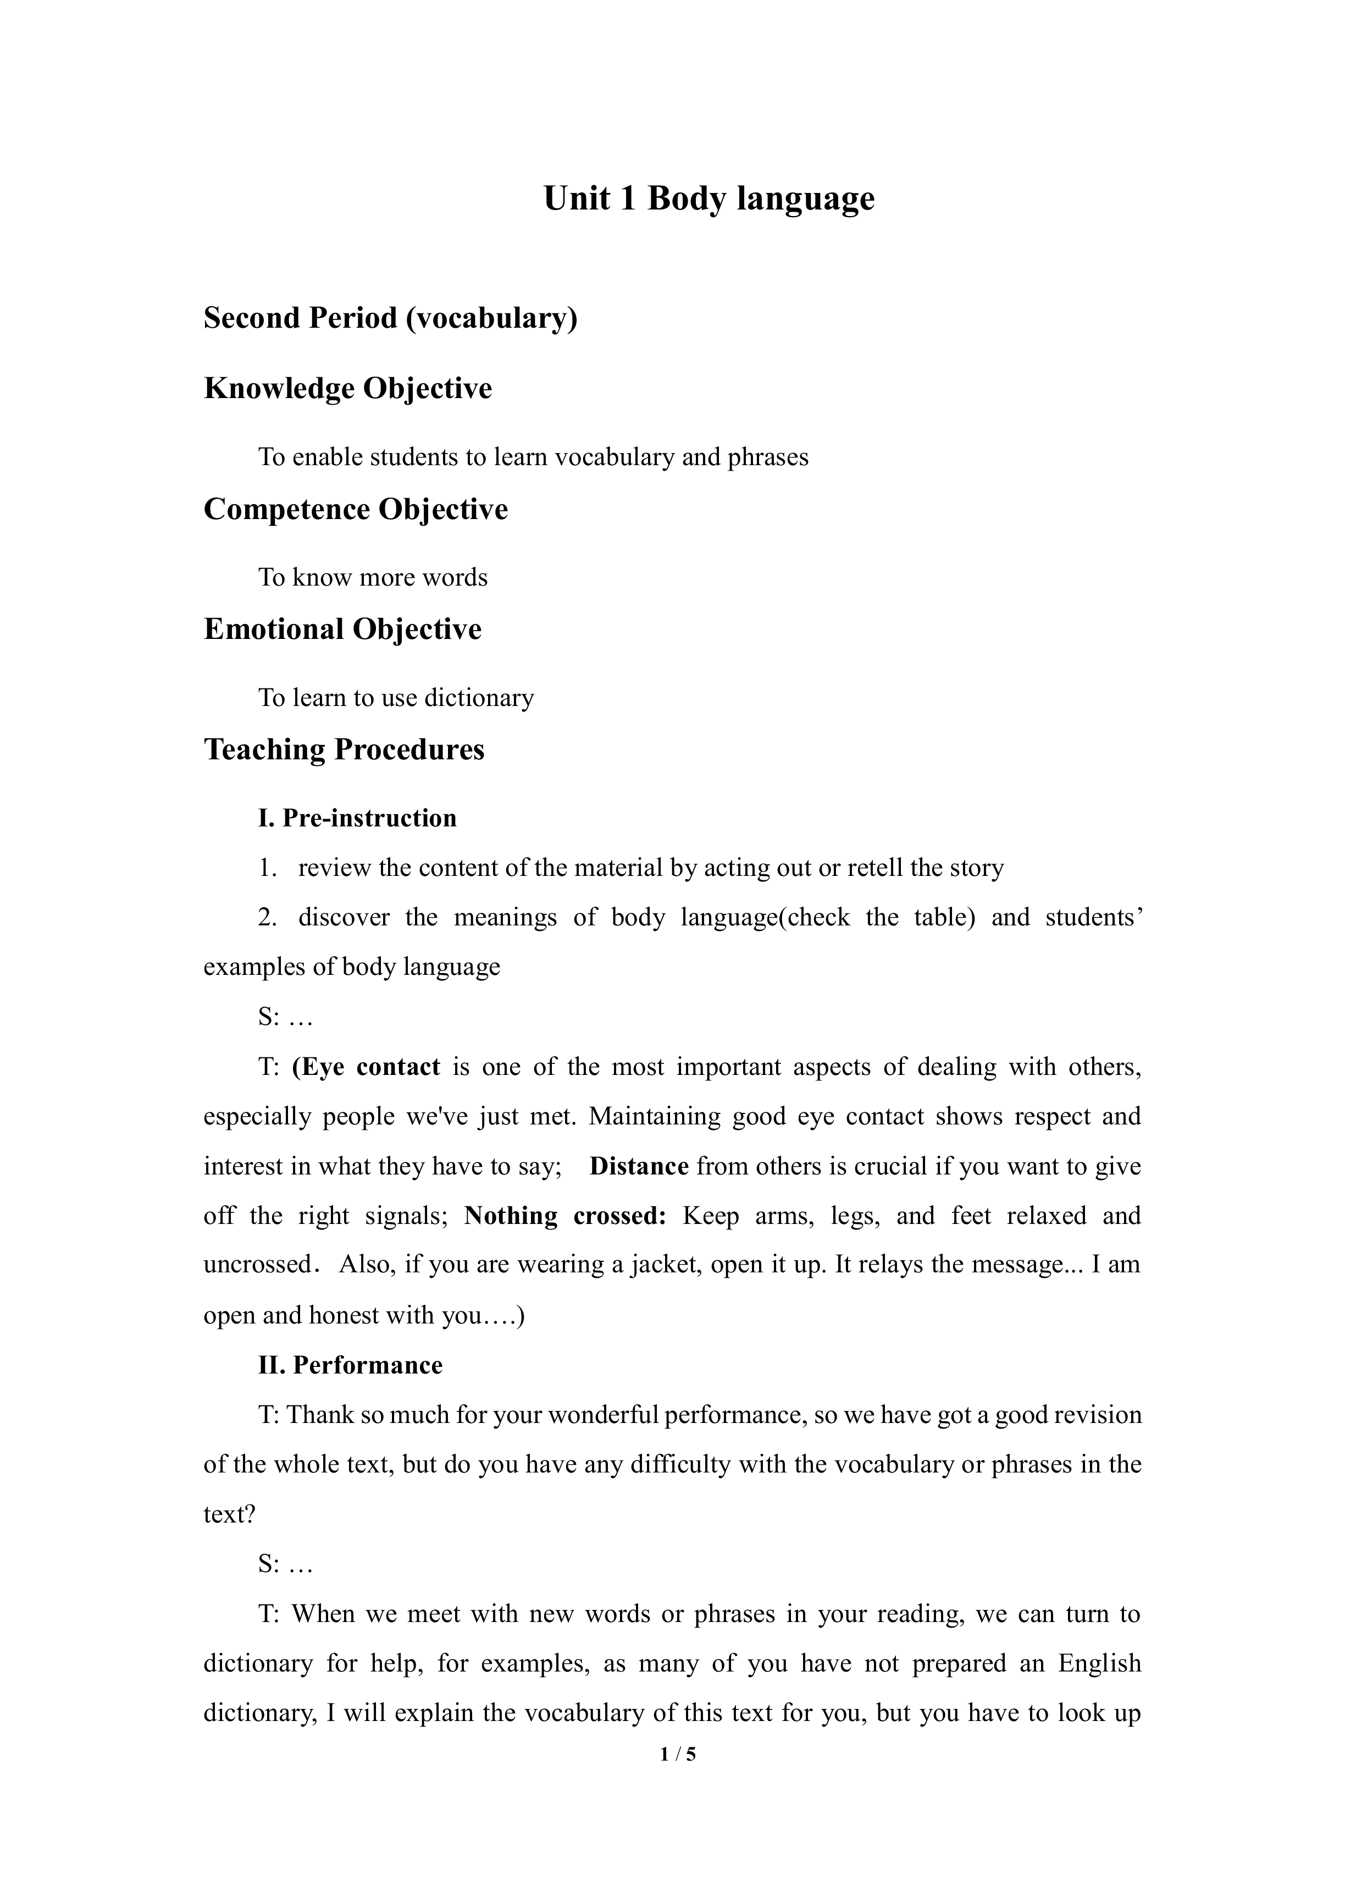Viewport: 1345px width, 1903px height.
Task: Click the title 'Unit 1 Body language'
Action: pyautogui.click(x=709, y=199)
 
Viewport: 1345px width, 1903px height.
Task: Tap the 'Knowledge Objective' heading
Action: pyautogui.click(x=348, y=389)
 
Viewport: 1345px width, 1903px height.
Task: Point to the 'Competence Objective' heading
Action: pyautogui.click(x=356, y=509)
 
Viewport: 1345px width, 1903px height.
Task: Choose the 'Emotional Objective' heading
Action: pyautogui.click(x=342, y=629)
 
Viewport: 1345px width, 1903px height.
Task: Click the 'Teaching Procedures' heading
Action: pyautogui.click(x=344, y=749)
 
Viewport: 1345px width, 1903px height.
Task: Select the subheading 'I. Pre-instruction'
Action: pyautogui.click(x=357, y=818)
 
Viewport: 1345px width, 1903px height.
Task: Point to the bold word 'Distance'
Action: pyautogui.click(x=639, y=1166)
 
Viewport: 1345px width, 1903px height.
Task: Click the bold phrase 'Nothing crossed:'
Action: pyautogui.click(x=566, y=1216)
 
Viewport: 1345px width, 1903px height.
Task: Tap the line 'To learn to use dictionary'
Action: pyautogui.click(x=396, y=698)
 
